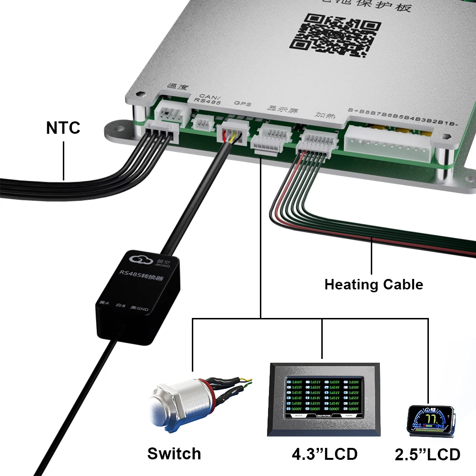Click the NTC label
63,128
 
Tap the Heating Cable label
373,285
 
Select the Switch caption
174,453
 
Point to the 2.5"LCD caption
427,454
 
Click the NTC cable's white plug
162,130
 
